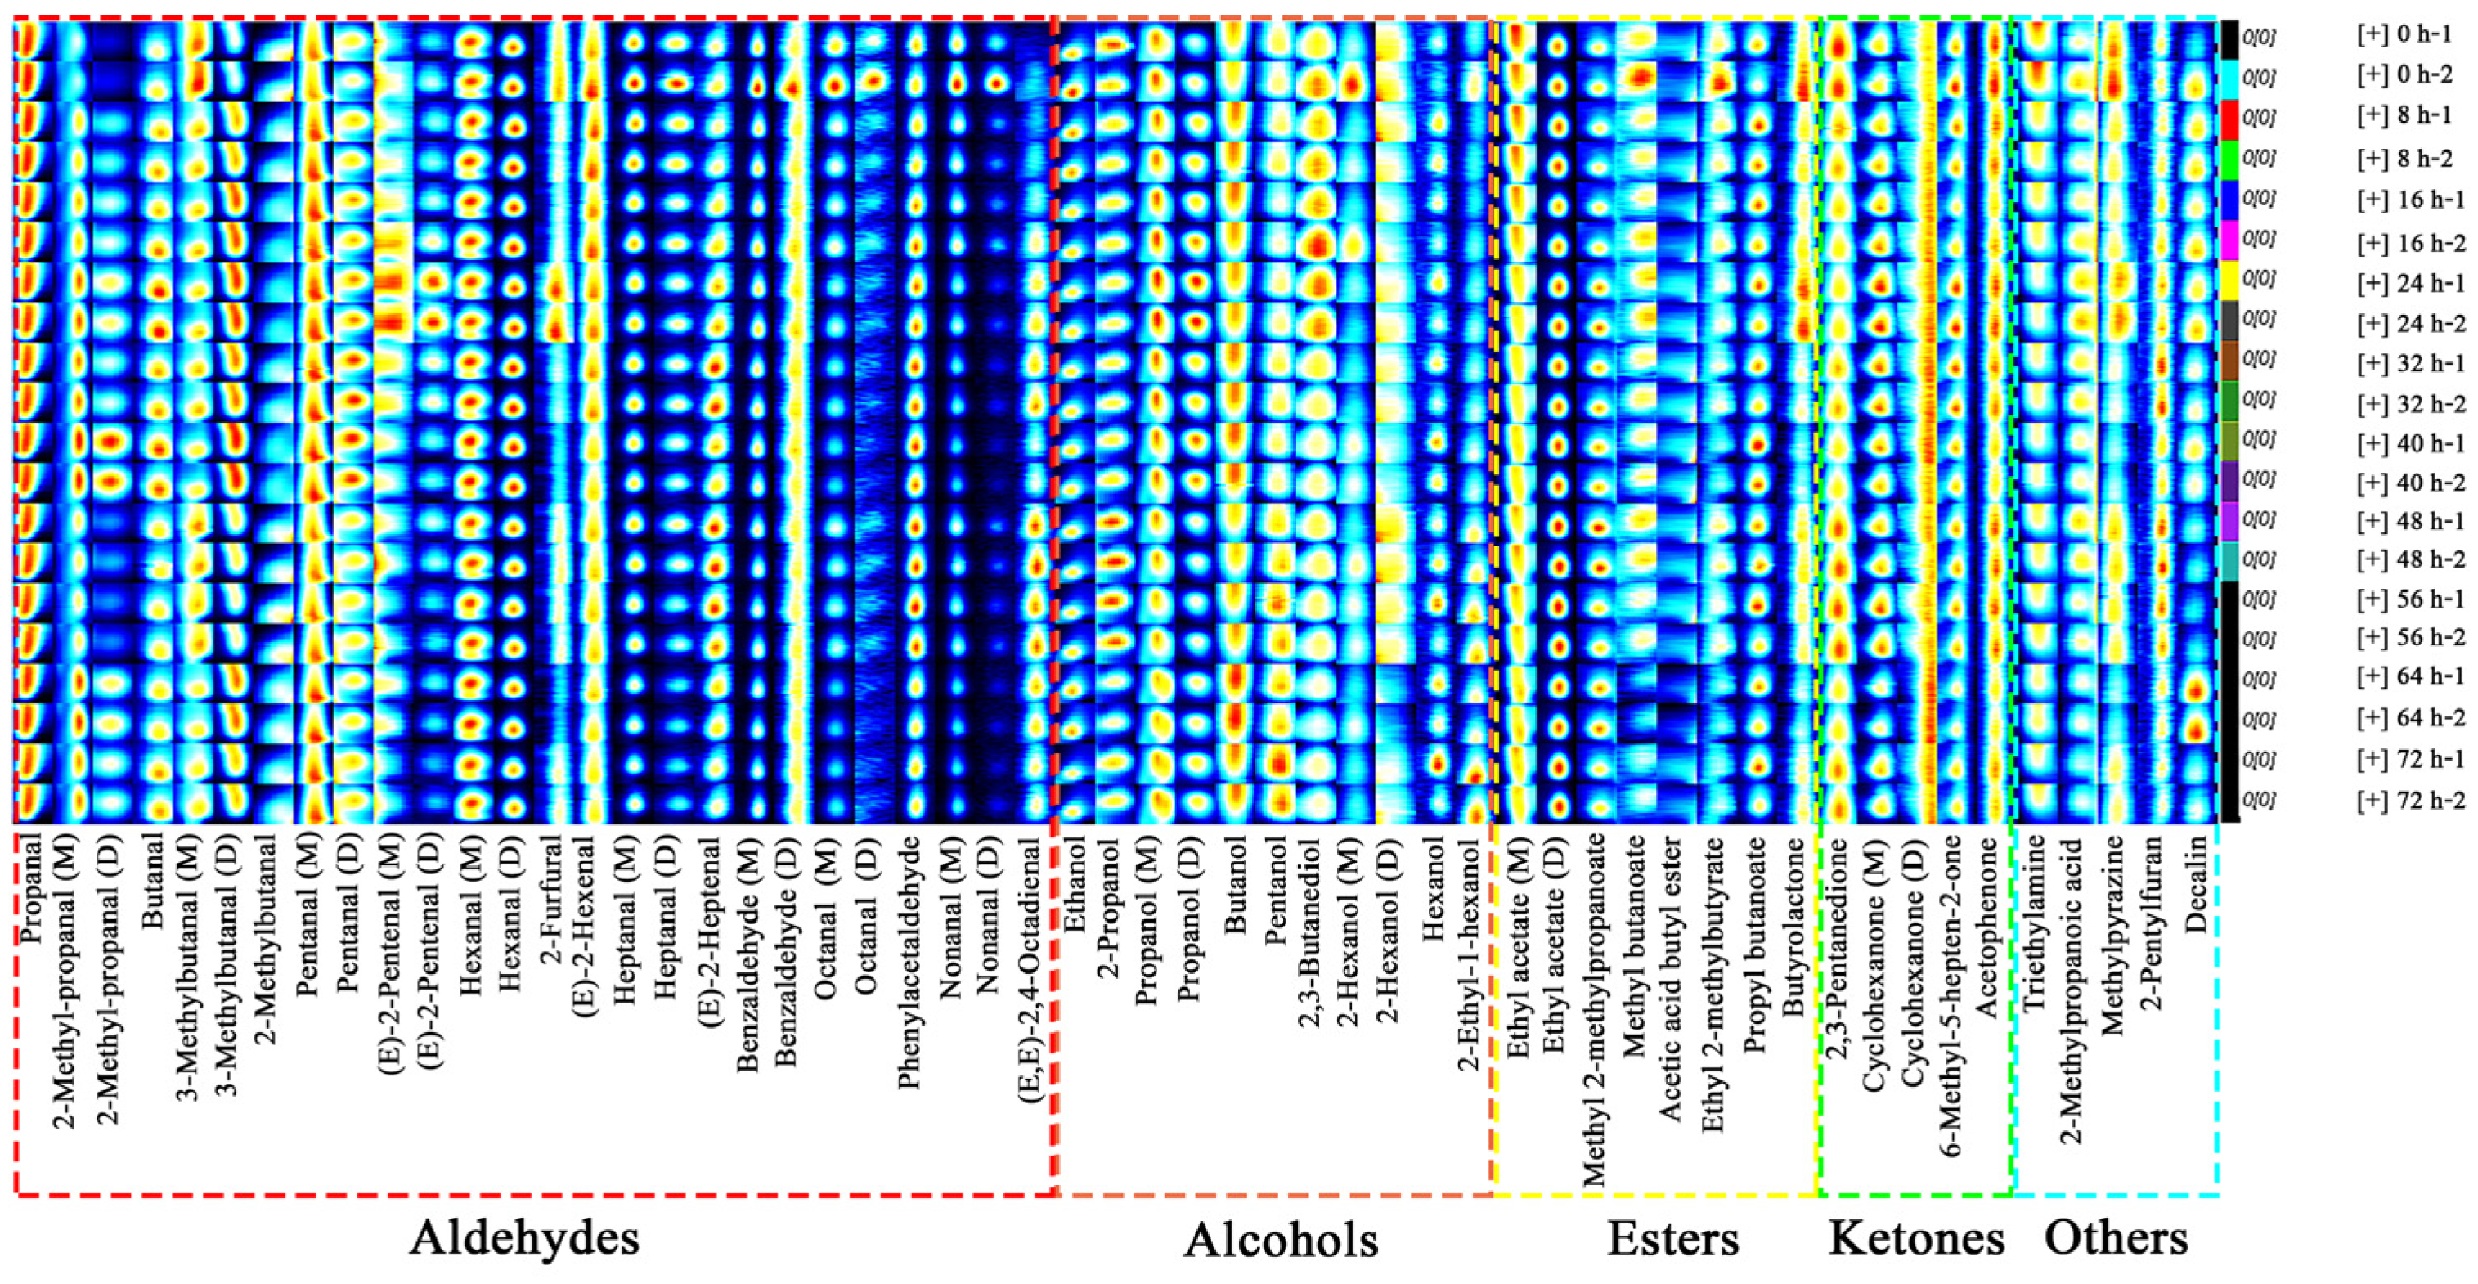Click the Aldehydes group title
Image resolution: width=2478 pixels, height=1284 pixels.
(x=524, y=1238)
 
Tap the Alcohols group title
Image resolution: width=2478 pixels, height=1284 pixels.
(x=1281, y=1241)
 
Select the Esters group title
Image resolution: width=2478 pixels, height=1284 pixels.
(x=1672, y=1239)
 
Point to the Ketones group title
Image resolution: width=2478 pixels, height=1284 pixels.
(x=1916, y=1239)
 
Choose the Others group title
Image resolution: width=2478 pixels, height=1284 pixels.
(x=2117, y=1239)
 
